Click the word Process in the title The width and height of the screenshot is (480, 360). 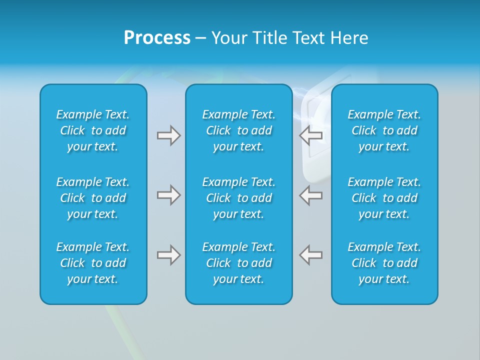pyautogui.click(x=157, y=37)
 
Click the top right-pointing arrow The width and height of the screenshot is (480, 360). pyautogui.click(x=168, y=135)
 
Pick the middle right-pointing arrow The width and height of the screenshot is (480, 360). pyautogui.click(x=168, y=195)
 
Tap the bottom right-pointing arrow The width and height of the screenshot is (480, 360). pyautogui.click(x=168, y=255)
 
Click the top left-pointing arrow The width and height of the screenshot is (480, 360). pyautogui.click(x=311, y=135)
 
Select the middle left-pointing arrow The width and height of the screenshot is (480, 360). pyautogui.click(x=311, y=195)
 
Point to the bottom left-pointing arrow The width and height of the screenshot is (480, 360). pyautogui.click(x=311, y=255)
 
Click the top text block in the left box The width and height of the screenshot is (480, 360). pyautogui.click(x=93, y=130)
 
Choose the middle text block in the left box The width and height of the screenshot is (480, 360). pyautogui.click(x=93, y=198)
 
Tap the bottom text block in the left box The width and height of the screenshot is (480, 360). pyautogui.click(x=93, y=263)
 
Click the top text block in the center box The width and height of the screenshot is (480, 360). pyautogui.click(x=238, y=130)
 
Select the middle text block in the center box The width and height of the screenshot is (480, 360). pyautogui.click(x=238, y=198)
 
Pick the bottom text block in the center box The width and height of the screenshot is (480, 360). pyautogui.click(x=238, y=263)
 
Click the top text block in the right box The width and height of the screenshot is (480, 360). pyautogui.click(x=384, y=130)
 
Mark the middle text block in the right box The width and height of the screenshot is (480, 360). pyautogui.click(x=384, y=198)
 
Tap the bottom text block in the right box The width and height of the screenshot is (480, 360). pyautogui.click(x=384, y=263)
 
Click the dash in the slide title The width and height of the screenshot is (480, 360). pyautogui.click(x=201, y=38)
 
